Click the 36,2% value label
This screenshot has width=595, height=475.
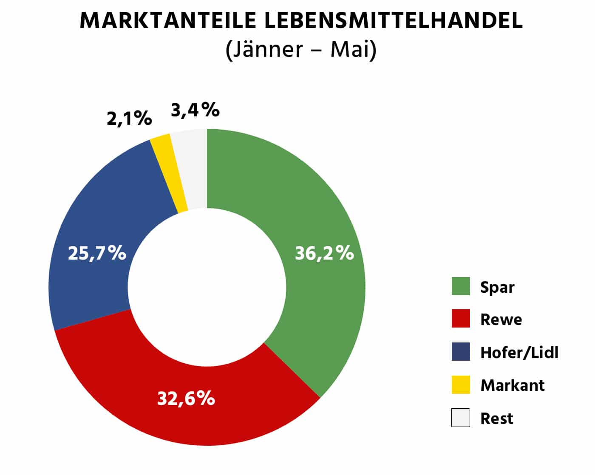324,253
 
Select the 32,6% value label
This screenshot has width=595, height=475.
186,399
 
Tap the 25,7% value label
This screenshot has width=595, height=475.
97,253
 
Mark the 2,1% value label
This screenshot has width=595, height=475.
129,119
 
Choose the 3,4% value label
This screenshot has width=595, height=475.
195,110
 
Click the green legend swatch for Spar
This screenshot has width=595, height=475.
461,286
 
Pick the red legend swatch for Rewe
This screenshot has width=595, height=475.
461,319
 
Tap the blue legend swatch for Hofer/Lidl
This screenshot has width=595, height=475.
461,352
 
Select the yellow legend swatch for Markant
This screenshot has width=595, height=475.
461,385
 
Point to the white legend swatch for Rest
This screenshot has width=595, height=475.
461,418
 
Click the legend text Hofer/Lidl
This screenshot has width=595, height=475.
519,353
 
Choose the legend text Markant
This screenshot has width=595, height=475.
512,385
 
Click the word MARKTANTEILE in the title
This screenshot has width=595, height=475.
168,20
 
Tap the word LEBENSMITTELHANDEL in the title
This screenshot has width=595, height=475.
393,20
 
